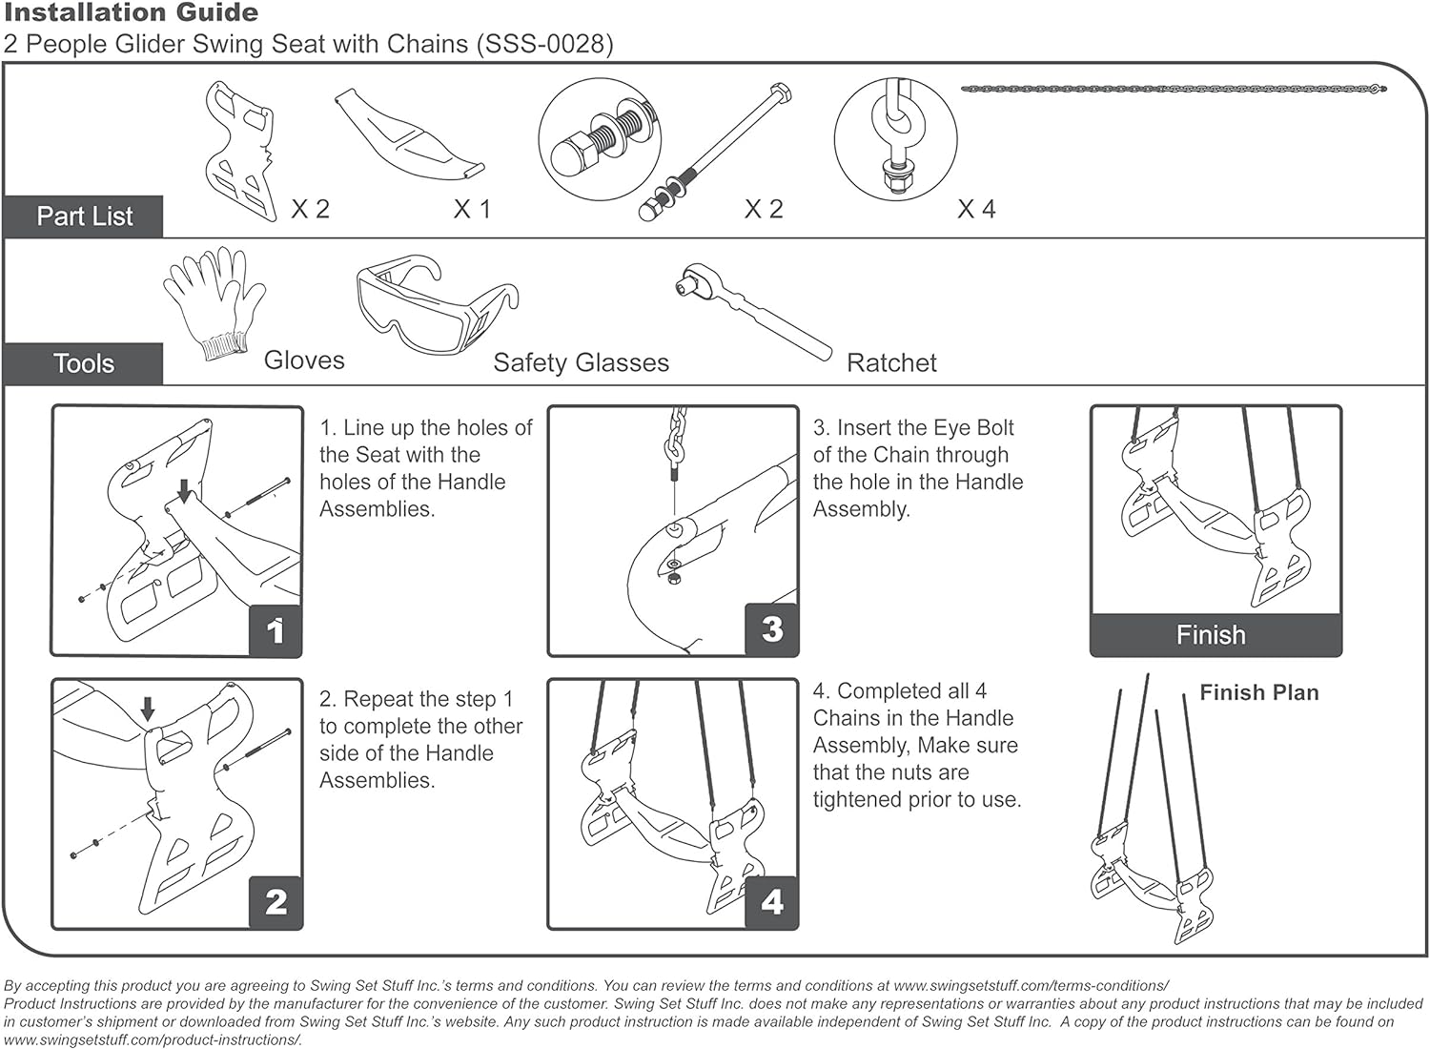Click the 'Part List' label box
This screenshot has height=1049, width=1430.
(x=84, y=216)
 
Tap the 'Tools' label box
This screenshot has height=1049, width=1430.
(x=84, y=363)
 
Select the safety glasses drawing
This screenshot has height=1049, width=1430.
(x=435, y=303)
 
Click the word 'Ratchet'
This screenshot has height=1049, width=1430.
(x=891, y=362)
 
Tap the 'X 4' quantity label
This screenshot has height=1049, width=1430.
(x=976, y=209)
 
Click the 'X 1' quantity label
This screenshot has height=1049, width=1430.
(x=472, y=209)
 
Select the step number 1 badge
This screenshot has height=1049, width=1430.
(x=276, y=630)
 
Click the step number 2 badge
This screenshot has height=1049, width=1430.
(x=276, y=902)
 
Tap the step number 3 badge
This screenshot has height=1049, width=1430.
(x=772, y=629)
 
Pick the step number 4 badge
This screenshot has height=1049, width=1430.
(x=772, y=902)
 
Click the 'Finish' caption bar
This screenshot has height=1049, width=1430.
(x=1211, y=635)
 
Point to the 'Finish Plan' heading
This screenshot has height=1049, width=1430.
(x=1258, y=693)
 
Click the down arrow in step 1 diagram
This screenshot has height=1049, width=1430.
(x=184, y=489)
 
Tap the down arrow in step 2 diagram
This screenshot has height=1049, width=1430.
(x=147, y=709)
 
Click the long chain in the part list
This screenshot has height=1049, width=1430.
(x=1173, y=89)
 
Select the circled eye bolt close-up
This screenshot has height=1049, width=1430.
(x=895, y=139)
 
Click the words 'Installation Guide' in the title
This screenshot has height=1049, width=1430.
(x=131, y=13)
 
